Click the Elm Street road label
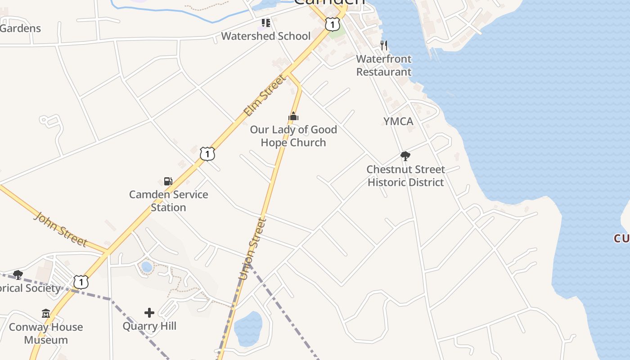[265, 96]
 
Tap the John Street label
[61, 229]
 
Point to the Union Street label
[252, 249]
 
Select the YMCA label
[398, 121]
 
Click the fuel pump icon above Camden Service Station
[168, 181]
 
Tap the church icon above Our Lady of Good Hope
[293, 117]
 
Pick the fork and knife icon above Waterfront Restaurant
[384, 45]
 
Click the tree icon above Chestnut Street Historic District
[405, 156]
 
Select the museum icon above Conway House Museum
[46, 313]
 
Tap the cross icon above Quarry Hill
[149, 312]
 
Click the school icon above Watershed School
[266, 22]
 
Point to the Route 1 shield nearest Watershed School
[332, 24]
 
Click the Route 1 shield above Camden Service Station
[207, 153]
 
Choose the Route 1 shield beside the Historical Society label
[81, 282]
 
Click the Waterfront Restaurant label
[384, 65]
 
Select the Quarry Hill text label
[149, 326]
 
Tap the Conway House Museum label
[46, 333]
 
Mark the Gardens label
[20, 28]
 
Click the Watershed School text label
[266, 36]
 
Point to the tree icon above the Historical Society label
[18, 274]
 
